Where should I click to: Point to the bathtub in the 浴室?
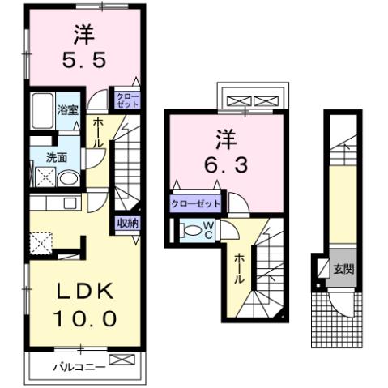point(41,111)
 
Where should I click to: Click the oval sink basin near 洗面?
point(69,179)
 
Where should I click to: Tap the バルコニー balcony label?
point(79,365)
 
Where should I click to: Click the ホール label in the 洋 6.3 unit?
point(240,266)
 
